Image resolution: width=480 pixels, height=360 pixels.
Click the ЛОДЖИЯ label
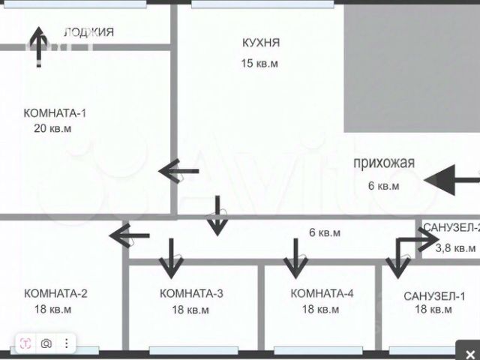pos(88,31)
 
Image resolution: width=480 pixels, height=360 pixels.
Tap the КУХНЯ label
pos(261,43)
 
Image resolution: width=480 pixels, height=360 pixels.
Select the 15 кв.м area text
pos(259,64)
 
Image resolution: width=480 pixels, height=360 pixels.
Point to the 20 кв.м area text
pos(52,128)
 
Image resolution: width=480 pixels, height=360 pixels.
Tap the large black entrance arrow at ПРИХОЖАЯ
pos(450,179)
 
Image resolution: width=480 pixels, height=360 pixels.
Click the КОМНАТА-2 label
pos(55,293)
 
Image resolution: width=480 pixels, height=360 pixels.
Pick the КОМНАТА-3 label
pos(191,293)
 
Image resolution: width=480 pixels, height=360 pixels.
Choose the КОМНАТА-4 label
pos(322,293)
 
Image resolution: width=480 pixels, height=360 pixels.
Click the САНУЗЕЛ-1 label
pos(434,295)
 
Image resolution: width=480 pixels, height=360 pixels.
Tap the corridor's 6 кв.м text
pos(325,232)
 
